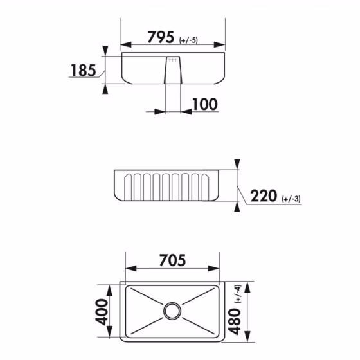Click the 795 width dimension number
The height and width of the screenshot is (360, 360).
click(x=161, y=37)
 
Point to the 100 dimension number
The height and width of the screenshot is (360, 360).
click(x=204, y=104)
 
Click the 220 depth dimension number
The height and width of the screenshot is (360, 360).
click(x=264, y=195)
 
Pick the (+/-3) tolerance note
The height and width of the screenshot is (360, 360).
click(x=291, y=199)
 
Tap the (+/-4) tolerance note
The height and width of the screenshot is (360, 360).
click(x=237, y=293)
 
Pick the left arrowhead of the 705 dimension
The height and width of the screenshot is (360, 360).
click(x=129, y=269)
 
